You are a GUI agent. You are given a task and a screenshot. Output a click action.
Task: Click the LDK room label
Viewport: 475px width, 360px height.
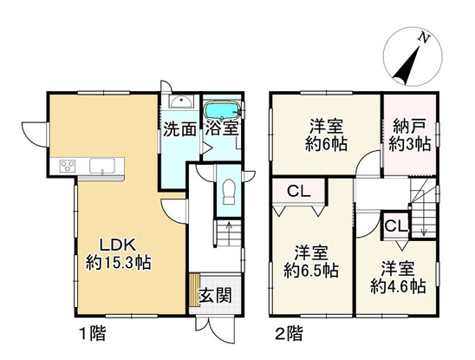[117, 245]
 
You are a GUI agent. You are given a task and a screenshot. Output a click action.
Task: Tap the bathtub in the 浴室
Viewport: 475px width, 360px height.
[223, 110]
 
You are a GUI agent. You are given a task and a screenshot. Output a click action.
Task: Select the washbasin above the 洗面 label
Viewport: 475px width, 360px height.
[180, 101]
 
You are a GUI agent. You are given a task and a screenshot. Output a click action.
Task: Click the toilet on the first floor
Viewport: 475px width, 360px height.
[229, 192]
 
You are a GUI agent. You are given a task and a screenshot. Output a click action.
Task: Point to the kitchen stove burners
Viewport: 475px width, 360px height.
[68, 166]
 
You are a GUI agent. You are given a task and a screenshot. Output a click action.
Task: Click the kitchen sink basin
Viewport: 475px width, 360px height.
[102, 166]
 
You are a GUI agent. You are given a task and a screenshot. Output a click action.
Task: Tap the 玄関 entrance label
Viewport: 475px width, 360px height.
[215, 295]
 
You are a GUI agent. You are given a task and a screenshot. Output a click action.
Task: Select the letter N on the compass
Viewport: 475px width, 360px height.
[424, 38]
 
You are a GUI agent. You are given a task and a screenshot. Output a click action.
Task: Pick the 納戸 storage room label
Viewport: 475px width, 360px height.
[410, 126]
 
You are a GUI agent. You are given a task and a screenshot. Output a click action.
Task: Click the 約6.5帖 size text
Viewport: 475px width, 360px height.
[311, 271]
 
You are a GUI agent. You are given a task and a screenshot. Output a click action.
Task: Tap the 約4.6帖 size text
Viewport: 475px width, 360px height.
[398, 285]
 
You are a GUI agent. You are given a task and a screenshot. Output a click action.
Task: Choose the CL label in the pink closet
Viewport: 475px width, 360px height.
[299, 191]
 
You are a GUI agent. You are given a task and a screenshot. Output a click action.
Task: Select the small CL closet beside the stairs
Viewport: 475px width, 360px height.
[396, 226]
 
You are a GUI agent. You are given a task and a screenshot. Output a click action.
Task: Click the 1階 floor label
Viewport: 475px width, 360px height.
[93, 334]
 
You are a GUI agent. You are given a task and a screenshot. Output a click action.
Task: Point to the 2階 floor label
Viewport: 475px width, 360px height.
[289, 334]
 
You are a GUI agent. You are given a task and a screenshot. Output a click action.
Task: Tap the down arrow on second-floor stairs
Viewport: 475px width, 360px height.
[424, 230]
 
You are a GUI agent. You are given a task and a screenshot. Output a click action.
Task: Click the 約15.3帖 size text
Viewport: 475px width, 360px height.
[119, 263]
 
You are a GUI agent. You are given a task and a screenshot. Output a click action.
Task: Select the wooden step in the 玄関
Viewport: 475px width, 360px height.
[194, 291]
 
